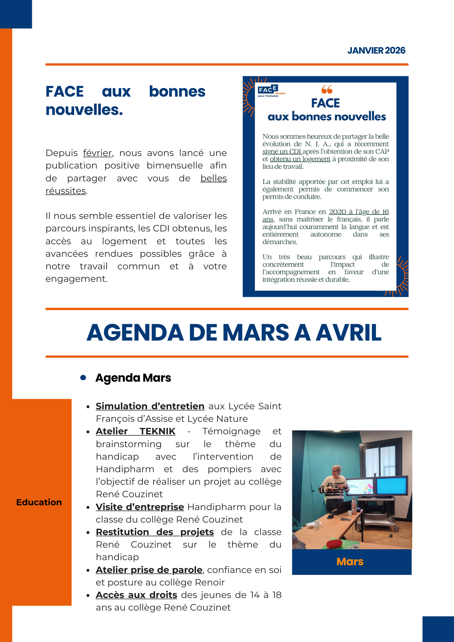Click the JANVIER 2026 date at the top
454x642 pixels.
(376, 51)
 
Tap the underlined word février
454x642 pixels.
(97, 153)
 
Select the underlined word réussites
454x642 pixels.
(65, 191)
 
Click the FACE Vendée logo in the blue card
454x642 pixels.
(270, 91)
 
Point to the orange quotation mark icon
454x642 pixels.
(327, 89)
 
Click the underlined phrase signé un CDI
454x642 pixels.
(282, 152)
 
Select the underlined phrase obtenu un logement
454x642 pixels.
(300, 159)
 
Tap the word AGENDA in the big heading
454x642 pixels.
(135, 333)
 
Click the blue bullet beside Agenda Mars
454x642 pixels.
(83, 378)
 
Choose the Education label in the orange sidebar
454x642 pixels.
(39, 502)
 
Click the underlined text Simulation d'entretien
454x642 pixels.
(150, 406)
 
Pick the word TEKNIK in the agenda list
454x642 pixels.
(157, 431)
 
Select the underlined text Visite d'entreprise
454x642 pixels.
(140, 507)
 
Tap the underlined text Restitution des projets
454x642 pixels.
(155, 532)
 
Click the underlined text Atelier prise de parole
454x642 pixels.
(149, 570)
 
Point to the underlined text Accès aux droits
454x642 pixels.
(136, 595)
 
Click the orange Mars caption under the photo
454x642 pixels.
(350, 562)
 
